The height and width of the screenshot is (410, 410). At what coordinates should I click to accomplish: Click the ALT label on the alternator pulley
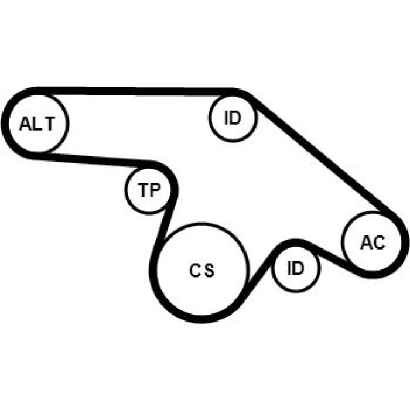coord(37,124)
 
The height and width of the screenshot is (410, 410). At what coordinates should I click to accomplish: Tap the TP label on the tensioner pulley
coord(149,190)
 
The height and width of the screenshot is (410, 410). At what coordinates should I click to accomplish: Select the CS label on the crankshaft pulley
coord(201,271)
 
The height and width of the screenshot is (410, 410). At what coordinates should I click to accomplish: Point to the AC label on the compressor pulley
coord(373,242)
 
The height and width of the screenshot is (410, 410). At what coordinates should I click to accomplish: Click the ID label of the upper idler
coord(233,118)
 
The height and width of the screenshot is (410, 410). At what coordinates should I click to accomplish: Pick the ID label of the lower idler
coord(295,268)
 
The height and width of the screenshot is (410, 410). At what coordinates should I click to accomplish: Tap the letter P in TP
coord(155,190)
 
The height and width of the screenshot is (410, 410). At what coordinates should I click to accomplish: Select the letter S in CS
coord(210,271)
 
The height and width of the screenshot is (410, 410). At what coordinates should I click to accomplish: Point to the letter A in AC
coord(366,242)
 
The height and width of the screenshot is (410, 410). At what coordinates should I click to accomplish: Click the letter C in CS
coord(194,271)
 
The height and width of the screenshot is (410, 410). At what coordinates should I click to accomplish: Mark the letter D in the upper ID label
coord(235,118)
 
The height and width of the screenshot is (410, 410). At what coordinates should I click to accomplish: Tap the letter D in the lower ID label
coord(298,268)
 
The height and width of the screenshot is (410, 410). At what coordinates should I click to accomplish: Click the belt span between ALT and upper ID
coord(136,91)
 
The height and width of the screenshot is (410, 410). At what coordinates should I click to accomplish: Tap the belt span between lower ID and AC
coord(332,259)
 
